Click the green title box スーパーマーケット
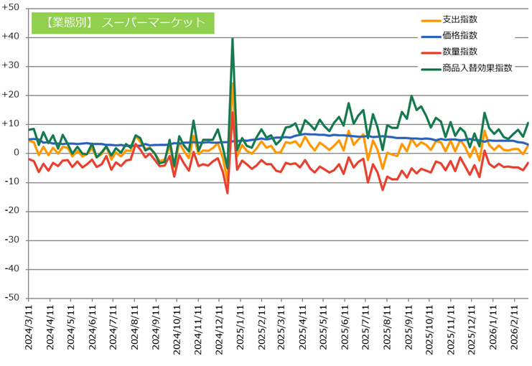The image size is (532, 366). tap(123, 22)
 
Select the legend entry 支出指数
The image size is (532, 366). tap(461, 19)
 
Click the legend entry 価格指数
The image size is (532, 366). tap(461, 35)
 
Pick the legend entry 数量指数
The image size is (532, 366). tap(461, 52)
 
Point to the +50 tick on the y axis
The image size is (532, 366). tap(11, 8)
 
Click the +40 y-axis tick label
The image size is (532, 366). tap(11, 37)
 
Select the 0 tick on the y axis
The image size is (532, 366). tap(17, 153)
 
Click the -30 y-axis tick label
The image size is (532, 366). tap(13, 240)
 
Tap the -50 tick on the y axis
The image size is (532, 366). tap(13, 298)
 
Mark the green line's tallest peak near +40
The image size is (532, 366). tap(233, 39)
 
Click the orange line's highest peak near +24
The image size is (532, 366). tap(233, 83)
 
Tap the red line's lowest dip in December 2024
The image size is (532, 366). tap(228, 192)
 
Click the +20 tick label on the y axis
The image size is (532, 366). tap(11, 95)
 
